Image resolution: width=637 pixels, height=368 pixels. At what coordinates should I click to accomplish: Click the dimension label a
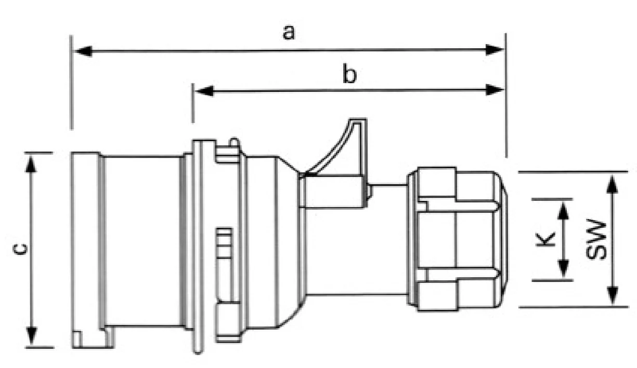[x=289, y=32]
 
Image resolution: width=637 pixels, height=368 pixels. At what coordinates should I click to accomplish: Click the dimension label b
[x=349, y=74]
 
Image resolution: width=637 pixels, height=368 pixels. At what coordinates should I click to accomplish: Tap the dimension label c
[x=20, y=249]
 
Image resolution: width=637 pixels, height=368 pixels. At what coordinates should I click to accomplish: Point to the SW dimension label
[x=596, y=239]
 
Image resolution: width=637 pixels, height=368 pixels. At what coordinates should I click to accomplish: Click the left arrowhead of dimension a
[x=83, y=51]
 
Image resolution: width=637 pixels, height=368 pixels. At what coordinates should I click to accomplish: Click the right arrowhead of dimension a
[x=494, y=50]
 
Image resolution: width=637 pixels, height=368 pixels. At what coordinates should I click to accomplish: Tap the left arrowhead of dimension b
[x=204, y=91]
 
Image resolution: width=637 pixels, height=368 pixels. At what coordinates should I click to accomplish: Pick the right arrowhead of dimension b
[x=494, y=90]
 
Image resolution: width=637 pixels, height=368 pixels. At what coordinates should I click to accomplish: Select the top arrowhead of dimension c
[x=31, y=164]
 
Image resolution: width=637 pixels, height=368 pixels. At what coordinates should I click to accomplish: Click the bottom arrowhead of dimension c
[x=31, y=336]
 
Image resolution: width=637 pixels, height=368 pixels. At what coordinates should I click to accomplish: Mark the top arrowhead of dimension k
[x=563, y=210]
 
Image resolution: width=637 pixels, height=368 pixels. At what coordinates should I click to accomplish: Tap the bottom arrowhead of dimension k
[x=563, y=269]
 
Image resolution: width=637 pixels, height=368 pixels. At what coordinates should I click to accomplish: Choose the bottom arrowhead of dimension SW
[x=612, y=295]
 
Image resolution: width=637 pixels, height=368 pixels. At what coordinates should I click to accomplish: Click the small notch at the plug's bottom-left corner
[x=77, y=339]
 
